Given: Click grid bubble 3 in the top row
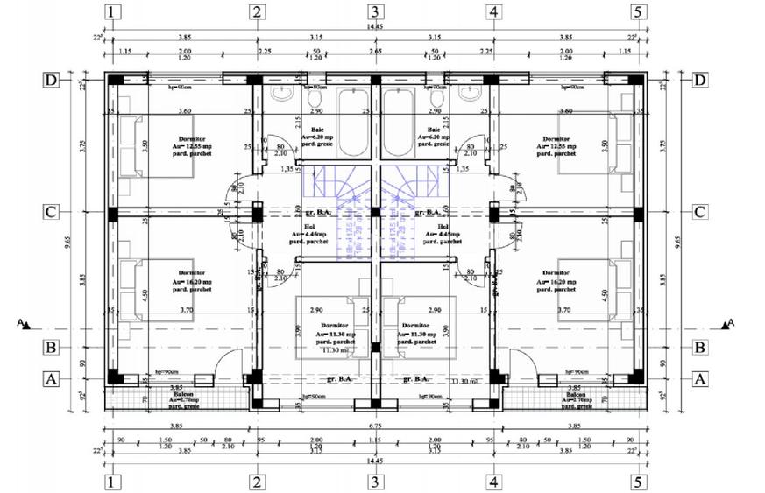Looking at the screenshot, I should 375,11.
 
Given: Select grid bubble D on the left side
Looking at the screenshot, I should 52,81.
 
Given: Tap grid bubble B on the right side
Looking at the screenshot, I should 700,347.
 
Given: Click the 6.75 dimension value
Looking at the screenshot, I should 375,426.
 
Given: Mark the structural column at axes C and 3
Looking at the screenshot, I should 375,213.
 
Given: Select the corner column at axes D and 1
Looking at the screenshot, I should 113,81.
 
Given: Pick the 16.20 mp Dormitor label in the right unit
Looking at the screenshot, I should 560,283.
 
